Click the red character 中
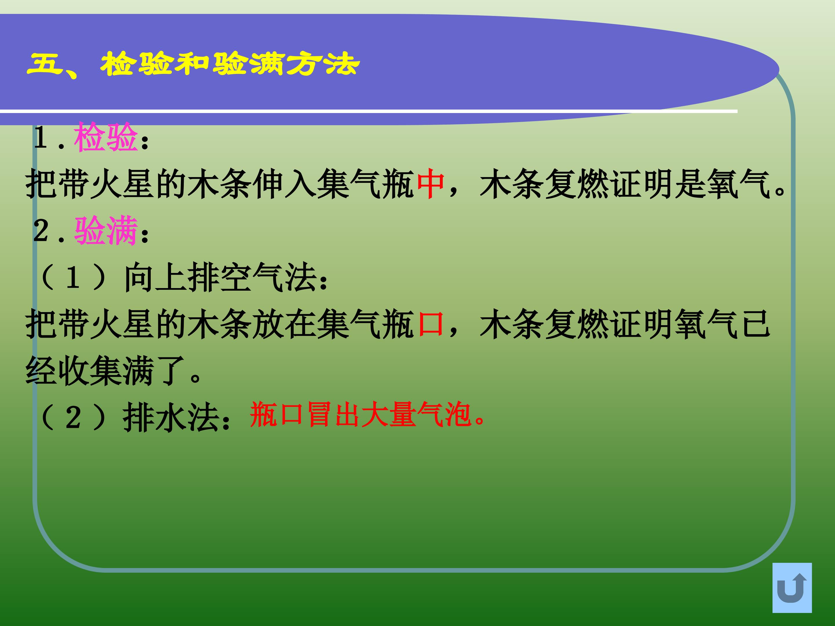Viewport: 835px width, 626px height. pyautogui.click(x=430, y=184)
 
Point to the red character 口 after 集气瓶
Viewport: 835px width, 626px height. pyautogui.click(x=430, y=324)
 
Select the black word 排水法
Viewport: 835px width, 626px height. pyautogui.click(x=172, y=417)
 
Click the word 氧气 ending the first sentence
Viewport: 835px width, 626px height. pyautogui.click(x=738, y=184)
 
